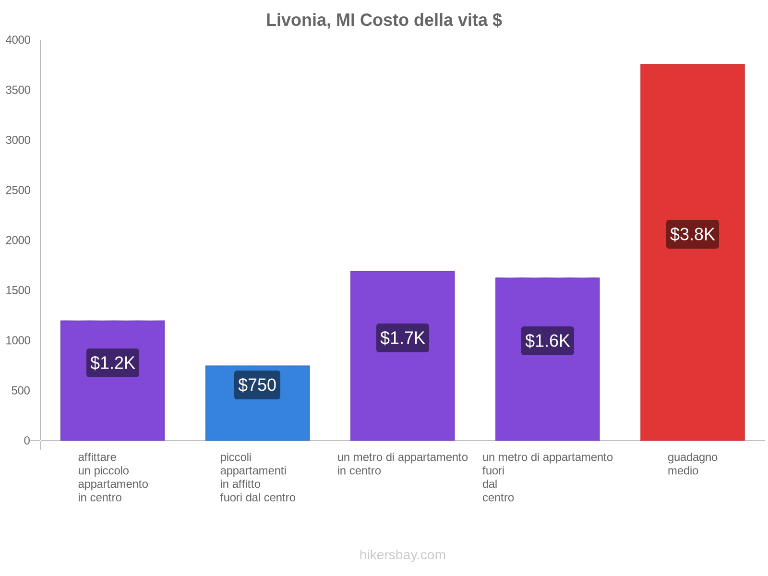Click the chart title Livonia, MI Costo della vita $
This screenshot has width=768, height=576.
pyautogui.click(x=384, y=20)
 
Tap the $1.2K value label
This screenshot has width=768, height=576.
pyautogui.click(x=113, y=363)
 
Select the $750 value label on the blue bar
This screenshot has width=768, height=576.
pyautogui.click(x=257, y=385)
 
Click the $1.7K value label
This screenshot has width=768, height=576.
pyautogui.click(x=402, y=338)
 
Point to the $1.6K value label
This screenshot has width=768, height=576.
pyautogui.click(x=547, y=341)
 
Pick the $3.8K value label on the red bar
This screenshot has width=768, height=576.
pyautogui.click(x=692, y=234)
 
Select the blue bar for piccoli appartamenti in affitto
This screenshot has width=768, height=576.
pyautogui.click(x=257, y=418)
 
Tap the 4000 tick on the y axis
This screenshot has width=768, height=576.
pyautogui.click(x=18, y=40)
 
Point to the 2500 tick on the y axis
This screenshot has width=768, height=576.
pyautogui.click(x=18, y=191)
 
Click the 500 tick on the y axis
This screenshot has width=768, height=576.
pyautogui.click(x=21, y=391)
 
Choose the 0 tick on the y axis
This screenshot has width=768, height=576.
pyautogui.click(x=27, y=441)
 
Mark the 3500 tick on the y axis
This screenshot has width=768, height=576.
pyautogui.click(x=18, y=90)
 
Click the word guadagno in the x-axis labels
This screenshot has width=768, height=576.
pyautogui.click(x=692, y=457)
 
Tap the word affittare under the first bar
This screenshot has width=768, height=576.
pyautogui.click(x=97, y=457)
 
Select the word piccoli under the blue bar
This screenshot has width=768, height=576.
pyautogui.click(x=236, y=457)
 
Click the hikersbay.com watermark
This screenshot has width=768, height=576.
pyautogui.click(x=402, y=555)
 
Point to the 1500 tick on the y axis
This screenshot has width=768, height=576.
pyautogui.click(x=18, y=290)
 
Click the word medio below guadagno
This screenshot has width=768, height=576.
pyautogui.click(x=683, y=471)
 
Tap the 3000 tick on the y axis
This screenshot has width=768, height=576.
pyautogui.click(x=18, y=140)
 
